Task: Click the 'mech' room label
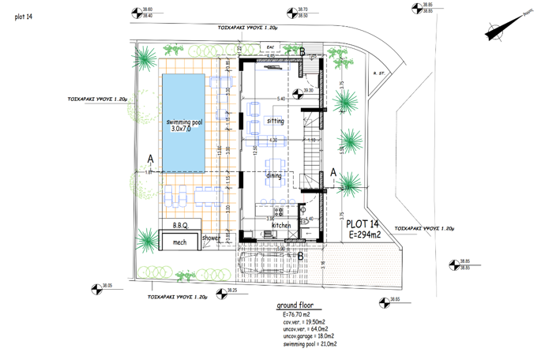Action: point(180,242)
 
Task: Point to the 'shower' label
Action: point(212,237)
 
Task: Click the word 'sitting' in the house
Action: point(275,121)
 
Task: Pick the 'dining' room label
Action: point(274,175)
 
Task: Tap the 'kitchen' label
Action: point(281,226)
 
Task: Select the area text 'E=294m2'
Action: point(365,235)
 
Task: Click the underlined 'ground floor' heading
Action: point(295,306)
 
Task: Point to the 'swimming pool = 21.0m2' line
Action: point(310,344)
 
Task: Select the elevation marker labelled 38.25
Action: point(222,291)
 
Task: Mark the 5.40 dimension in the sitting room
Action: point(281,99)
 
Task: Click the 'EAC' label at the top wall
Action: point(271,47)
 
